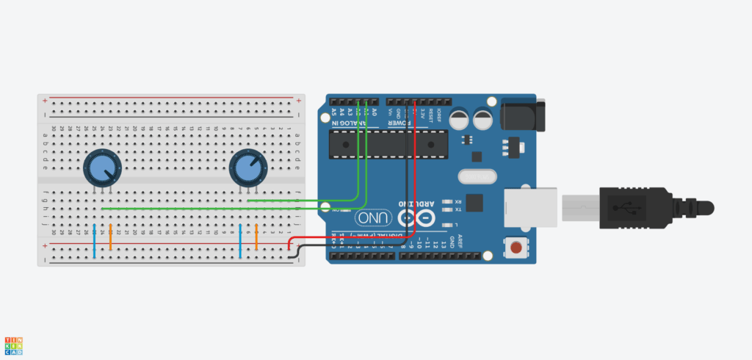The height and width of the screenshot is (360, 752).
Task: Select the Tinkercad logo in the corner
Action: pyautogui.click(x=13, y=346)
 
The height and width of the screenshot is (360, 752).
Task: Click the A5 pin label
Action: pyautogui.click(x=333, y=112)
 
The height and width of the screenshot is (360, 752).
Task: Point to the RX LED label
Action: pyautogui.click(x=458, y=201)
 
